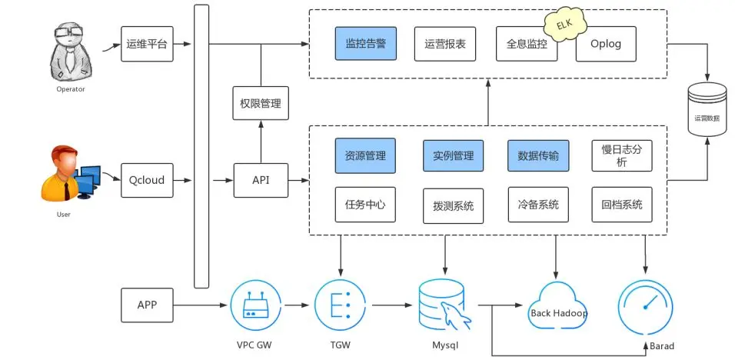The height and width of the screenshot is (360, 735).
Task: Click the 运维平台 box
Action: click(x=146, y=45)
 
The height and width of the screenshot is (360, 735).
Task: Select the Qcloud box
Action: click(x=146, y=180)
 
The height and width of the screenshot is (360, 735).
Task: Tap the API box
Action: click(x=261, y=180)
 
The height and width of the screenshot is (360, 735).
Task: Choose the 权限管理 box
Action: click(x=261, y=103)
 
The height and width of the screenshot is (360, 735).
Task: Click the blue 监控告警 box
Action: click(x=365, y=44)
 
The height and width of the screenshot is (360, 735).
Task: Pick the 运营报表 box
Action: click(x=445, y=44)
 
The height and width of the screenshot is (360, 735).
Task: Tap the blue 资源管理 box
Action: click(x=365, y=155)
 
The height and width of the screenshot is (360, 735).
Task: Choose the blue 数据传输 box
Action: click(x=538, y=155)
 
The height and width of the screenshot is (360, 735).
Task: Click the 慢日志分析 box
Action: click(x=621, y=155)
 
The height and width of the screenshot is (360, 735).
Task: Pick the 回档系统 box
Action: click(x=621, y=205)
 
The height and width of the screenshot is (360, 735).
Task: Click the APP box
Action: click(x=146, y=305)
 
